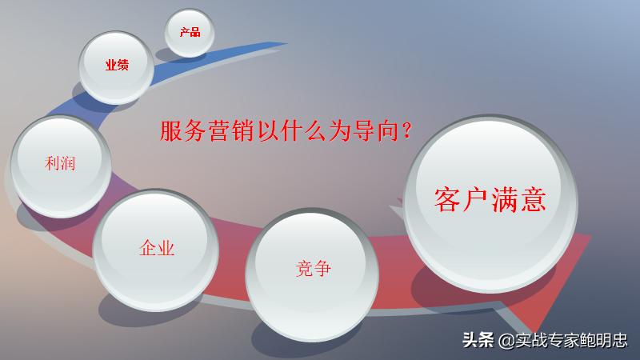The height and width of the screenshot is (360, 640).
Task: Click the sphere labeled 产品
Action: pyautogui.click(x=190, y=33)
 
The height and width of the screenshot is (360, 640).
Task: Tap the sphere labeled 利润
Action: pyautogui.click(x=61, y=165)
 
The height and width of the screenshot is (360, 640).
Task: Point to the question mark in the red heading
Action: pyautogui.click(x=406, y=131)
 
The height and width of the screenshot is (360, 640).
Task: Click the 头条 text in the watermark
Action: pyautogui.click(x=478, y=340)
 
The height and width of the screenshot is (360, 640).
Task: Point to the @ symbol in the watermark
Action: pyautogui.click(x=505, y=340)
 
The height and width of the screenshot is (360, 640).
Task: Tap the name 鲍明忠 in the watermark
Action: pyautogui.click(x=605, y=340)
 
